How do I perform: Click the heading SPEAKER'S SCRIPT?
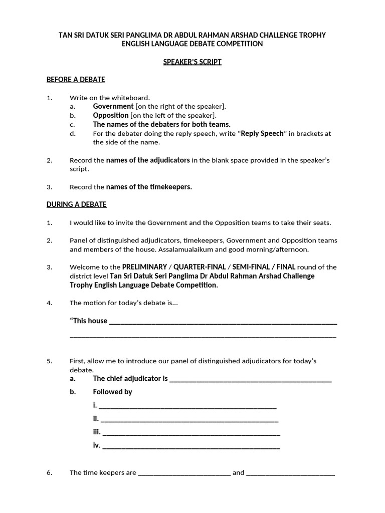(192, 62)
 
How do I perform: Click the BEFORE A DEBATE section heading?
(76, 80)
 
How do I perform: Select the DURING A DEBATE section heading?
(76, 204)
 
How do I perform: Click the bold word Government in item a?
(113, 106)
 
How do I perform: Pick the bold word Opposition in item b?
(111, 115)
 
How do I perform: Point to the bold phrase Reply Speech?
(263, 133)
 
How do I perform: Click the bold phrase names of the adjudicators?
(148, 160)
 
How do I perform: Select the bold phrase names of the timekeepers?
(149, 187)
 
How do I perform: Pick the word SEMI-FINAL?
(250, 267)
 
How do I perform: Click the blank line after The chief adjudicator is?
(251, 379)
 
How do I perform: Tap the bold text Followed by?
(112, 392)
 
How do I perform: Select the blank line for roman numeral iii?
(191, 432)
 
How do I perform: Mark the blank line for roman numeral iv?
(191, 446)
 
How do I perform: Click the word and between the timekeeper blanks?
(238, 472)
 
